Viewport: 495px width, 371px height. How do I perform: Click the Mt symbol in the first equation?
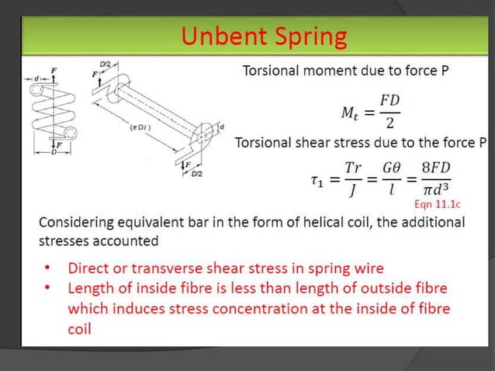pyautogui.click(x=351, y=115)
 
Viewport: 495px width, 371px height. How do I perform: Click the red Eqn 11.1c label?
pyautogui.click(x=438, y=204)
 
